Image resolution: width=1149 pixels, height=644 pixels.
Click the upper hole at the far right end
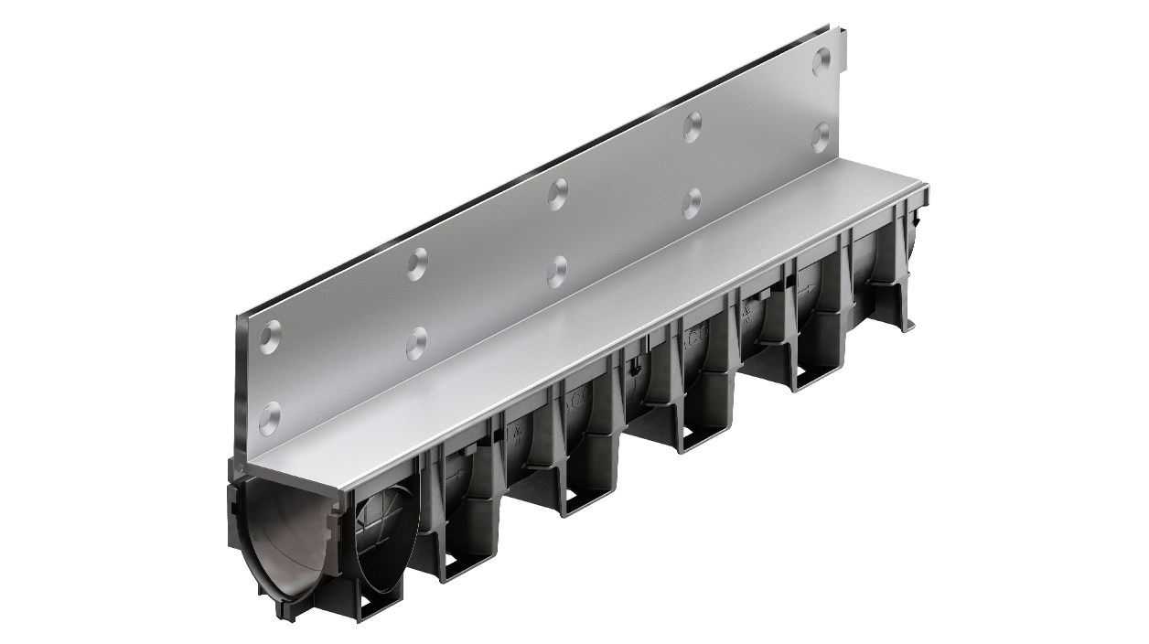(821, 60)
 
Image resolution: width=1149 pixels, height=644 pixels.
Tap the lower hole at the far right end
(821, 138)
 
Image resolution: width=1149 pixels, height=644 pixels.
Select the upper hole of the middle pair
(557, 193)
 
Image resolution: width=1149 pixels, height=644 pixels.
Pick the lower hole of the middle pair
(557, 272)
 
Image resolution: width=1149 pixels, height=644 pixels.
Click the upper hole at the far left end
(270, 338)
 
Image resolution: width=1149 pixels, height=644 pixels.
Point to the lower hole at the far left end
(270, 417)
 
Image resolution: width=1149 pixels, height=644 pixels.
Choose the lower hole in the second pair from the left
(416, 344)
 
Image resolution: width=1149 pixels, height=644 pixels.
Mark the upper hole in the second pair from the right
(693, 126)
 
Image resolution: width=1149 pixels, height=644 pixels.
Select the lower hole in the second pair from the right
(693, 203)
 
